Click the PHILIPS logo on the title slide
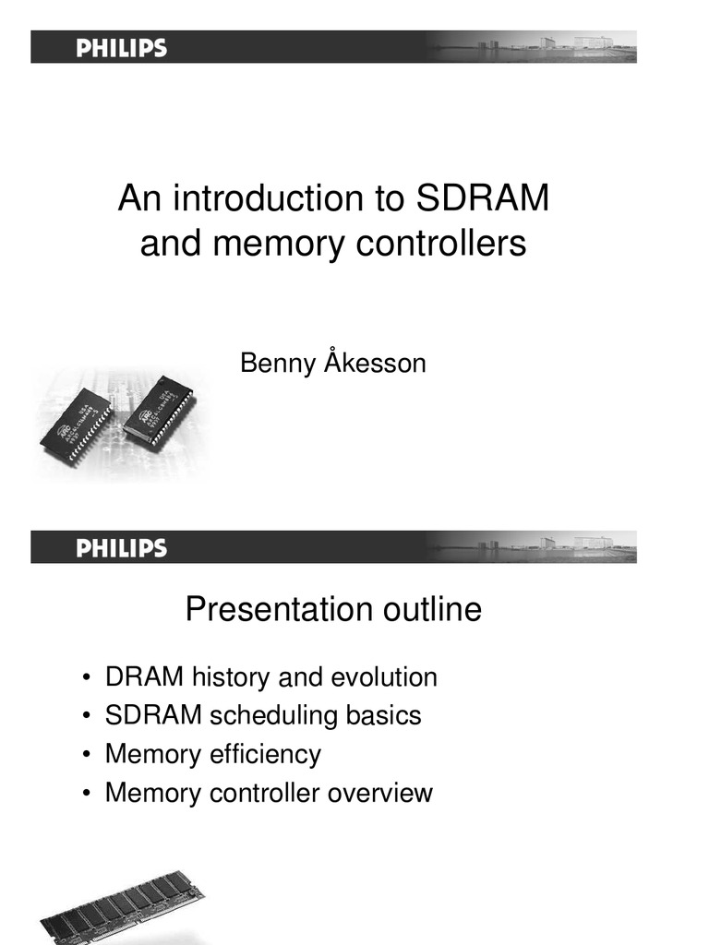[x=121, y=48]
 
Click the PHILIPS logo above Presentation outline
[x=121, y=548]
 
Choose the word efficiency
[x=268, y=755]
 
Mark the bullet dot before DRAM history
[x=86, y=679]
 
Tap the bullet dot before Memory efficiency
[x=86, y=756]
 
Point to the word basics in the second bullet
[x=383, y=716]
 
